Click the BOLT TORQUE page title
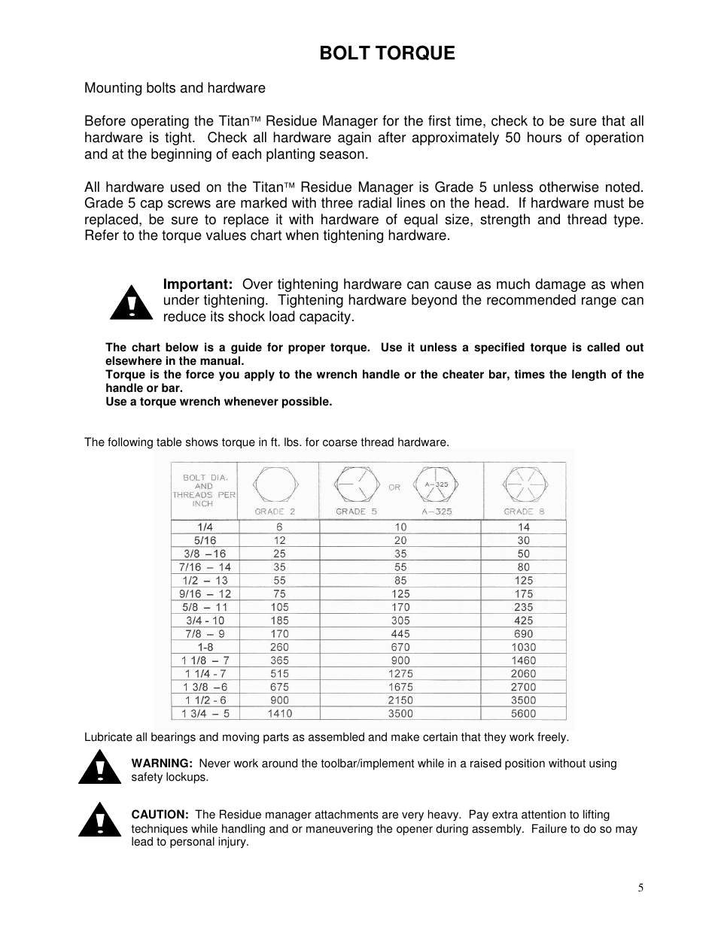pyautogui.click(x=387, y=53)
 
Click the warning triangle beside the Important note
pyautogui.click(x=131, y=303)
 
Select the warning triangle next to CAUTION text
pyautogui.click(x=99, y=820)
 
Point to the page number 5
pyautogui.click(x=640, y=888)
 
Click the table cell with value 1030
pyautogui.click(x=523, y=647)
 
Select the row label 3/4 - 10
pyautogui.click(x=205, y=621)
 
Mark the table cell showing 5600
pyautogui.click(x=523, y=713)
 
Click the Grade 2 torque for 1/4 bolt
pyautogui.click(x=279, y=527)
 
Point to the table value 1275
pyautogui.click(x=400, y=673)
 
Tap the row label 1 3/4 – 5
pyautogui.click(x=205, y=713)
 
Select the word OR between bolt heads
pyautogui.click(x=394, y=487)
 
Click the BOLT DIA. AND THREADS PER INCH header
pyautogui.click(x=204, y=490)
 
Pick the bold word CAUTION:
pyautogui.click(x=160, y=815)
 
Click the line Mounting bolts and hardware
pyautogui.click(x=175, y=88)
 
